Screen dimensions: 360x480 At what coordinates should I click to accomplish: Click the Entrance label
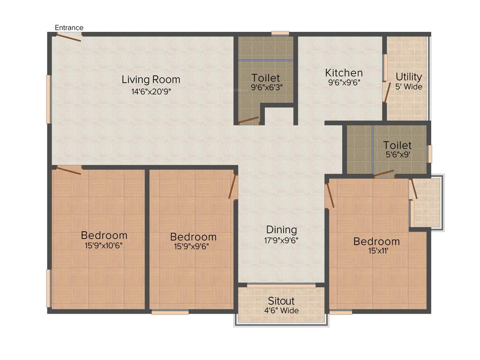[69, 28]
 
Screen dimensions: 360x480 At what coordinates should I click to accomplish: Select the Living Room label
[150, 79]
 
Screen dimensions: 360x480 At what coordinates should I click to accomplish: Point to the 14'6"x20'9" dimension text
[150, 91]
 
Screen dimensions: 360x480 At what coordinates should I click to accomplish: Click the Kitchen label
[344, 73]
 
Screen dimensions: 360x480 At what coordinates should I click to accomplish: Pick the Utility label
[409, 76]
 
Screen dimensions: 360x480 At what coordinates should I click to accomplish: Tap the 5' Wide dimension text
[409, 87]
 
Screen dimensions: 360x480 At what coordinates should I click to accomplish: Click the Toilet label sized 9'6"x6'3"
[265, 78]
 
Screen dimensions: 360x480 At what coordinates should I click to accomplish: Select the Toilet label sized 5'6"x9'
[397, 145]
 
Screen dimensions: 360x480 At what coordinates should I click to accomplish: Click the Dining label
[281, 230]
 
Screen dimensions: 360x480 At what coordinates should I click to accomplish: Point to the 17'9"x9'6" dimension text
[281, 240]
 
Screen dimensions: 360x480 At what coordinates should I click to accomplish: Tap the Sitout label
[281, 300]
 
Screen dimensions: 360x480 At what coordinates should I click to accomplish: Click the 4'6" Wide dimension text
[281, 310]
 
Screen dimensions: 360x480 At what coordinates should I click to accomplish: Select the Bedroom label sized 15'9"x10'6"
[104, 235]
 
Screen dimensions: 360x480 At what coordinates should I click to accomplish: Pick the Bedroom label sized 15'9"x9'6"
[193, 237]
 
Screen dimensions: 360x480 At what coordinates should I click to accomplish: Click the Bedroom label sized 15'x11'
[376, 241]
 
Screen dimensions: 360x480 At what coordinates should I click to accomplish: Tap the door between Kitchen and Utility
[387, 92]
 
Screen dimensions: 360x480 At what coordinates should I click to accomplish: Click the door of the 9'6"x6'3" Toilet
[248, 120]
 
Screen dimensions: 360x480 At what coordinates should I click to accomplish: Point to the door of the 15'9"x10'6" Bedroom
[68, 170]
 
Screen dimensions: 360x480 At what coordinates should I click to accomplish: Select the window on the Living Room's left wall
[48, 99]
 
